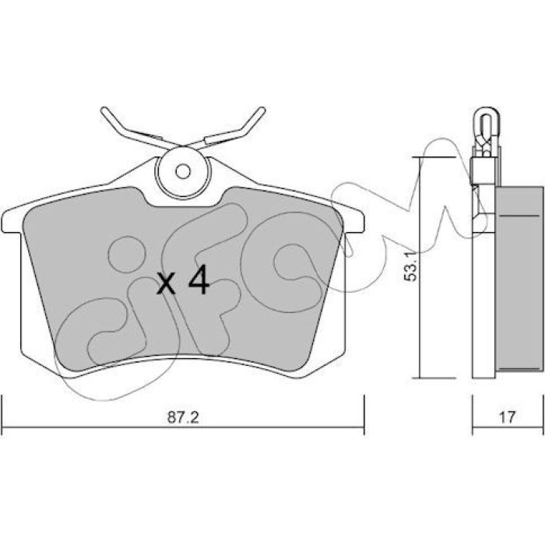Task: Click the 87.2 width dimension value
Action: click(183, 417)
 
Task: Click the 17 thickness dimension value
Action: click(508, 417)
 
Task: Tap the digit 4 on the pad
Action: click(199, 280)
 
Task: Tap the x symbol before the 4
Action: click(166, 283)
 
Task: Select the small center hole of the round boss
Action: click(183, 172)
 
